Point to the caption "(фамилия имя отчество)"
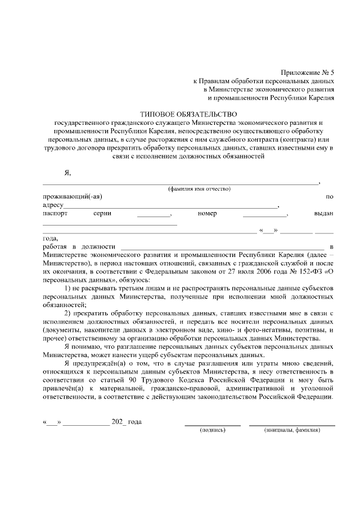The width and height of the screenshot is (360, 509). tap(199, 189)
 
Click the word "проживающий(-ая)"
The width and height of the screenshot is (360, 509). tap(73, 197)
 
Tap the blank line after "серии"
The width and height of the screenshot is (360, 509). tap(153, 214)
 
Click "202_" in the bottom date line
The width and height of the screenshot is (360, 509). tap(119, 421)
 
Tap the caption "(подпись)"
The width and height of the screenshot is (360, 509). tap(213, 430)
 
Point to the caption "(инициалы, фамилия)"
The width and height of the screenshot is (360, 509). tap(292, 430)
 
